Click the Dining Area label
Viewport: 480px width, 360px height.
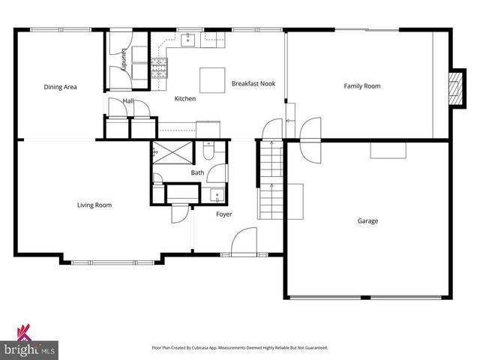click(60, 87)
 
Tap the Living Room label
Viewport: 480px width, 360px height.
click(94, 205)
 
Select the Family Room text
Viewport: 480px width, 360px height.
click(362, 86)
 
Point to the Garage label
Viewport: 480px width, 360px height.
click(367, 220)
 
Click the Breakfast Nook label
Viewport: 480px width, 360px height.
click(253, 83)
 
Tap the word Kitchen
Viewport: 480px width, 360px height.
click(185, 98)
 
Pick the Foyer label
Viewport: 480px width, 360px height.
click(223, 214)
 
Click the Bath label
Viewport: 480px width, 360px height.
click(197, 172)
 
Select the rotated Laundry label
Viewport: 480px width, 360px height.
click(124, 59)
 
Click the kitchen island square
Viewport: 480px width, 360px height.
click(212, 80)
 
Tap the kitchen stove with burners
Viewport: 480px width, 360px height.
click(159, 67)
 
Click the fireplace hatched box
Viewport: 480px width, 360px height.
click(454, 88)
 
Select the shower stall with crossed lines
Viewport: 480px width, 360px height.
click(172, 152)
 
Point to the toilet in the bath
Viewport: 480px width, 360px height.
click(209, 151)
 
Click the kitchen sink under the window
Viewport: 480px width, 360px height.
click(187, 40)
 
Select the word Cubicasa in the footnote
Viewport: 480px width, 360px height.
click(201, 348)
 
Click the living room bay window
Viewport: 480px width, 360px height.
click(112, 262)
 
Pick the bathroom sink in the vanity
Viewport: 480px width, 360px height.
click(217, 195)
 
